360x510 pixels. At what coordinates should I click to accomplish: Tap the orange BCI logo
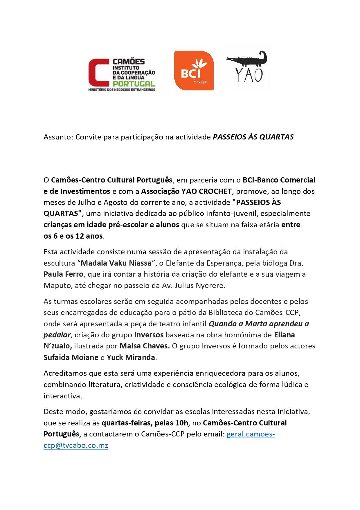[194, 71]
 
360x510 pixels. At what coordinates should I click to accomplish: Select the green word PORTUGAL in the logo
[134, 84]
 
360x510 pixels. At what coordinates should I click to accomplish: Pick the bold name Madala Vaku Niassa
[116, 263]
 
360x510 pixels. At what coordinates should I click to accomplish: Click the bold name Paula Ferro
[63, 274]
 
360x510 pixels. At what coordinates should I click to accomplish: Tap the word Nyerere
[210, 285]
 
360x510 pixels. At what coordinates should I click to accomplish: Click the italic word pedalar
[57, 335]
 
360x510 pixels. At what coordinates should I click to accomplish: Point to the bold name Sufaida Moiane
[71, 357]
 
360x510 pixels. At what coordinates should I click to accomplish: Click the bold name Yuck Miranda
[131, 357]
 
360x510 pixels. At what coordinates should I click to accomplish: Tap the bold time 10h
[181, 423]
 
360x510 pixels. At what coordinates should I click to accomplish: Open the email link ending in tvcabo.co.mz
[76, 445]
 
